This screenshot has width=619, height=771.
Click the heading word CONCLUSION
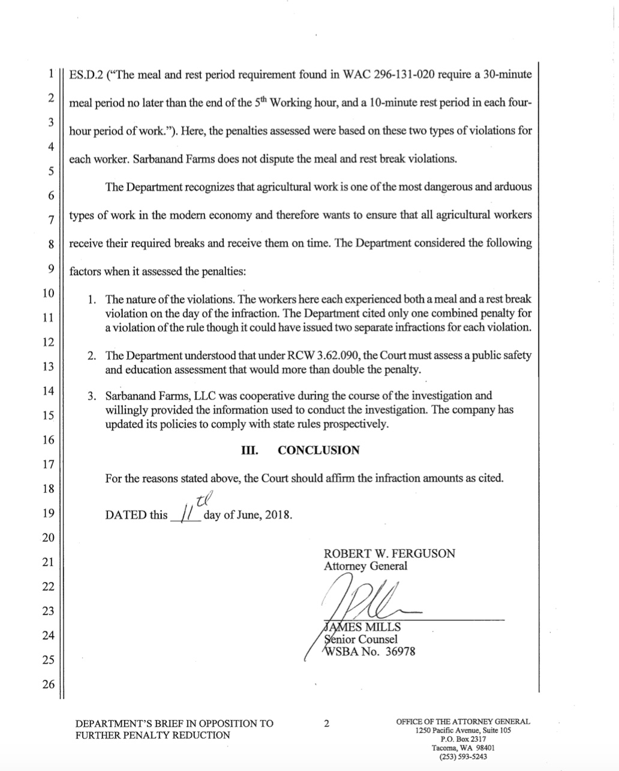pyautogui.click(x=318, y=450)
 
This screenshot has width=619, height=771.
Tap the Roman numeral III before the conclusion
pyautogui.click(x=249, y=450)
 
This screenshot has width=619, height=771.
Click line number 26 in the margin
pyautogui.click(x=48, y=684)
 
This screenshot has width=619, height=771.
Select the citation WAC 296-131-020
pyautogui.click(x=395, y=76)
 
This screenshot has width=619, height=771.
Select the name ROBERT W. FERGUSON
pyautogui.click(x=389, y=553)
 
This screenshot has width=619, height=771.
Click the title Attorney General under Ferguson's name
pyautogui.click(x=365, y=566)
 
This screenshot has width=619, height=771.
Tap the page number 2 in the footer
pyautogui.click(x=326, y=723)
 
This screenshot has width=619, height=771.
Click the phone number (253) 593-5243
pyautogui.click(x=462, y=757)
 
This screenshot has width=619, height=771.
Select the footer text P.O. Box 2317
pyautogui.click(x=462, y=740)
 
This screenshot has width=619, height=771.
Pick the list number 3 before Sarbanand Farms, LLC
pyautogui.click(x=91, y=396)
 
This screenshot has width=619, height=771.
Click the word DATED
pyautogui.click(x=126, y=515)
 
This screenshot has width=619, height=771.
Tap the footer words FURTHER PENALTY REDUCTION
pyautogui.click(x=152, y=735)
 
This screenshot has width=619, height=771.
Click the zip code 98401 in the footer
pyautogui.click(x=481, y=748)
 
